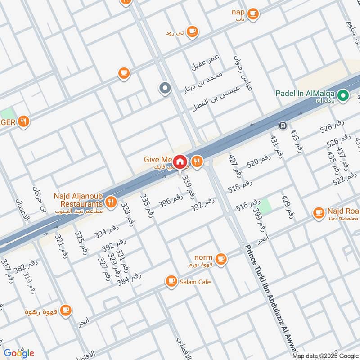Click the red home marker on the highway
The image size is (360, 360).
coord(180,161)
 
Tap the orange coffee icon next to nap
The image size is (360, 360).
coord(253,13)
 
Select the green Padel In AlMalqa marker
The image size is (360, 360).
coord(343,95)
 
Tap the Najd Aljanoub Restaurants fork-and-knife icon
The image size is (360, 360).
coord(111,201)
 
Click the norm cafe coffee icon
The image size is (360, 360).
coord(220,258)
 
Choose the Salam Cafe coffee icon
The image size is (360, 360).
coord(171,282)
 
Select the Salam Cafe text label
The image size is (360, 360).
coord(195,282)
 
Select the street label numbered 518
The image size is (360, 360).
coord(240,187)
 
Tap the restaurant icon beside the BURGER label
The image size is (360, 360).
coord(24,121)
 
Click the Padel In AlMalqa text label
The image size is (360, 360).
coord(306,93)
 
